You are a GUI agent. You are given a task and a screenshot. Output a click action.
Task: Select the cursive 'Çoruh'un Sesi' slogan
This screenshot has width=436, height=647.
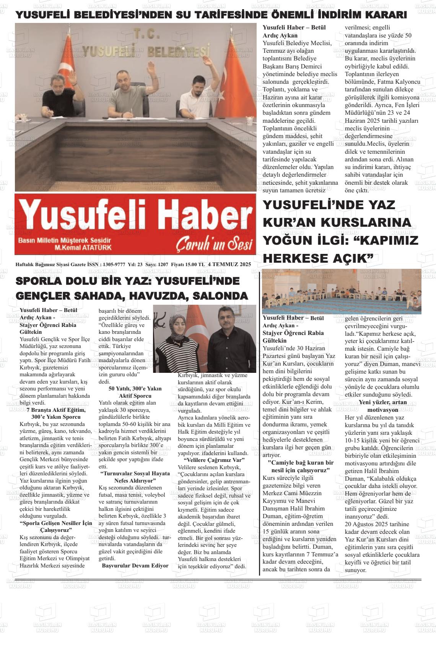pyautogui.click(x=214, y=244)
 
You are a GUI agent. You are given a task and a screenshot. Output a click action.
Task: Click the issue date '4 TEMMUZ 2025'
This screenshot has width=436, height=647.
pyautogui.click(x=229, y=264)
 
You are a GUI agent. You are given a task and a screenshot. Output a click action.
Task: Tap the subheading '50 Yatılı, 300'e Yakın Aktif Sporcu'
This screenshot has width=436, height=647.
pyautogui.click(x=135, y=392)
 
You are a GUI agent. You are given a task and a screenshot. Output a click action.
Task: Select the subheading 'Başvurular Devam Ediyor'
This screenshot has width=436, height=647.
pyautogui.click(x=135, y=566)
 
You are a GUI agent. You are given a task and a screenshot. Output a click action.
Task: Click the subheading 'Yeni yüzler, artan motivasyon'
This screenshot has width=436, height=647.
pyautogui.click(x=382, y=406)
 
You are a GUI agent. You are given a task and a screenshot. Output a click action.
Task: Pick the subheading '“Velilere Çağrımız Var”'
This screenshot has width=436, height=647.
pyautogui.click(x=214, y=460)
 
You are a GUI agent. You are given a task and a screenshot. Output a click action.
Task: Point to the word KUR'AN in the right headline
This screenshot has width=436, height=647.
pyautogui.click(x=291, y=222)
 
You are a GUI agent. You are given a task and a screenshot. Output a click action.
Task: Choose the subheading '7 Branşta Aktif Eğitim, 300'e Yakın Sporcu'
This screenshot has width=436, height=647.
pyautogui.click(x=56, y=413)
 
